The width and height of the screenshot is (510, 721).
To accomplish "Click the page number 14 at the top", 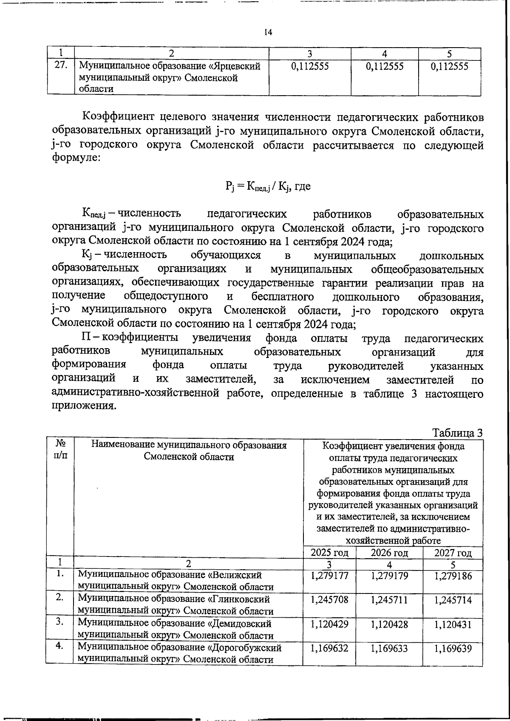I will pyautogui.click(x=268, y=32).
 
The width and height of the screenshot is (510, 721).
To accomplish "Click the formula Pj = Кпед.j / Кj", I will pyautogui.click(x=267, y=186).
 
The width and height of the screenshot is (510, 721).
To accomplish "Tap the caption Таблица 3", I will pyautogui.click(x=457, y=433).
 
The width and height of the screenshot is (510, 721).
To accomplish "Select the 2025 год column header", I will pyautogui.click(x=329, y=553).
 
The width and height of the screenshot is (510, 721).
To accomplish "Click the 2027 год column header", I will pyautogui.click(x=453, y=553).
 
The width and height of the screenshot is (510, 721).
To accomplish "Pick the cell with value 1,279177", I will pyautogui.click(x=329, y=576).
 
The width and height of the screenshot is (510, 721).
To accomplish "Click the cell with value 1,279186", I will pyautogui.click(x=453, y=576).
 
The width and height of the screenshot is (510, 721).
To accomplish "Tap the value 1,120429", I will pyautogui.click(x=329, y=624).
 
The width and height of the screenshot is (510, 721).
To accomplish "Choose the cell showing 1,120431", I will pyautogui.click(x=453, y=624).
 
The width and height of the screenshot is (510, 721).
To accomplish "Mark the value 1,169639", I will pyautogui.click(x=453, y=648).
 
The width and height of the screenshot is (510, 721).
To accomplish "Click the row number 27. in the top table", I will pyautogui.click(x=61, y=66).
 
